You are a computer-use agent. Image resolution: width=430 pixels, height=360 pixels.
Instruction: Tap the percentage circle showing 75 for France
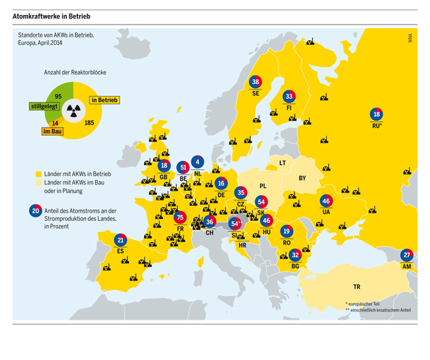(x=180, y=218)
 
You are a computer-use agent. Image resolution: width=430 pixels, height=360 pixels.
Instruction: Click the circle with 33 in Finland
(x=289, y=96)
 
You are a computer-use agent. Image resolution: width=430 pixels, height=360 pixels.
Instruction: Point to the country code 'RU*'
(x=377, y=125)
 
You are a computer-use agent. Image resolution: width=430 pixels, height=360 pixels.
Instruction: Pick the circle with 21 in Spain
(x=121, y=240)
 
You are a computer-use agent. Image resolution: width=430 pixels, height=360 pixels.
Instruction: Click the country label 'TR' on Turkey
(x=356, y=287)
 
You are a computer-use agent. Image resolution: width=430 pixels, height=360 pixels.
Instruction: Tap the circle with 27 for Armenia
(x=407, y=255)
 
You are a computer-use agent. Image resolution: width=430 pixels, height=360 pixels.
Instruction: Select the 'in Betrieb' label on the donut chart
(x=104, y=100)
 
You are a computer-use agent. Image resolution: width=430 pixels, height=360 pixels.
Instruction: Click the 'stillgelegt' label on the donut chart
(x=44, y=106)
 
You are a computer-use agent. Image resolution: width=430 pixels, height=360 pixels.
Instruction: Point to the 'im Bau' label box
(x=53, y=132)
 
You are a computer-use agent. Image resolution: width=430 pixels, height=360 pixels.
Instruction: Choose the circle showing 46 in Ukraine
(x=326, y=201)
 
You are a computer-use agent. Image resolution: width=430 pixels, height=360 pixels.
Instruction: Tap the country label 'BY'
(x=302, y=179)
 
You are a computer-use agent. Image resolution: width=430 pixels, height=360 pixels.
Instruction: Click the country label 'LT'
(x=282, y=163)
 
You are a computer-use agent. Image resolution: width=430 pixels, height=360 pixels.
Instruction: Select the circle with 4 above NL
(x=198, y=162)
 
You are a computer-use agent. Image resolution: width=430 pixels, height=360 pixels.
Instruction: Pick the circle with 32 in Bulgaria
(x=295, y=255)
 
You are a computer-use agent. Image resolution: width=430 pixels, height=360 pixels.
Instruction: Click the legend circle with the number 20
(x=35, y=211)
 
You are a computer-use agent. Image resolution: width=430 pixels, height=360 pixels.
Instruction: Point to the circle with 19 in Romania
(x=286, y=232)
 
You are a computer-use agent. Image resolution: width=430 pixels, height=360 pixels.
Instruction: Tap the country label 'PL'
(x=263, y=185)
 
